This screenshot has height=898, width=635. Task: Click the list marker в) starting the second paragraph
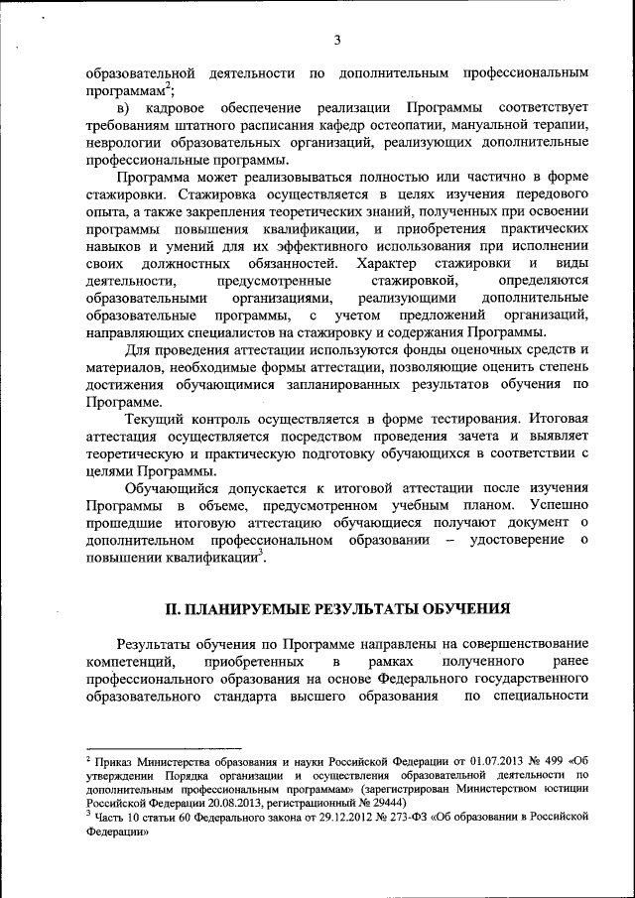pyautogui.click(x=124, y=108)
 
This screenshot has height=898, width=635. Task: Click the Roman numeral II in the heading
pyautogui.click(x=171, y=607)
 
